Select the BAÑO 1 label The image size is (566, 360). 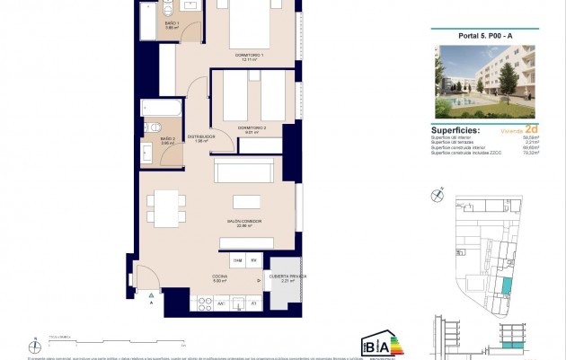pyautogui.click(x=171, y=25)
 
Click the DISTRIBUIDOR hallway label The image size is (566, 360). pyautogui.click(x=199, y=137)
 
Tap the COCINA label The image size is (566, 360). pyautogui.click(x=218, y=277)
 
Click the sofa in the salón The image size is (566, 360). pyautogui.click(x=243, y=169)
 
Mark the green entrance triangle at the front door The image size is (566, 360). pyautogui.click(x=150, y=294)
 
